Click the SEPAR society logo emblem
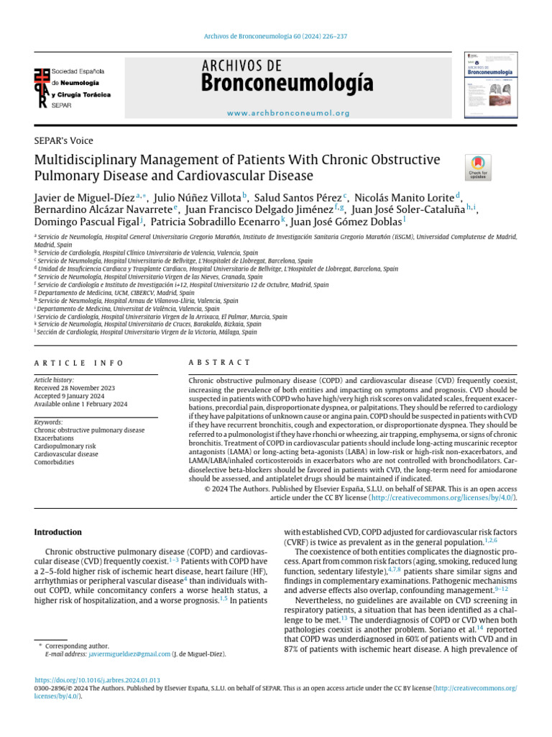tap(44, 87)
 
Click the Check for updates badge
tap(478, 167)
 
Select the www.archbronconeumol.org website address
tap(288, 113)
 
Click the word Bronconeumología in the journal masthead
tap(287, 85)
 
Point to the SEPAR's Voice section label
tap(64, 141)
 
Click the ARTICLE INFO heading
tap(79, 362)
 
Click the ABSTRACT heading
tap(219, 362)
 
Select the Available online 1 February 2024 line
tap(81, 404)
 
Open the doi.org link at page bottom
tap(98, 679)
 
